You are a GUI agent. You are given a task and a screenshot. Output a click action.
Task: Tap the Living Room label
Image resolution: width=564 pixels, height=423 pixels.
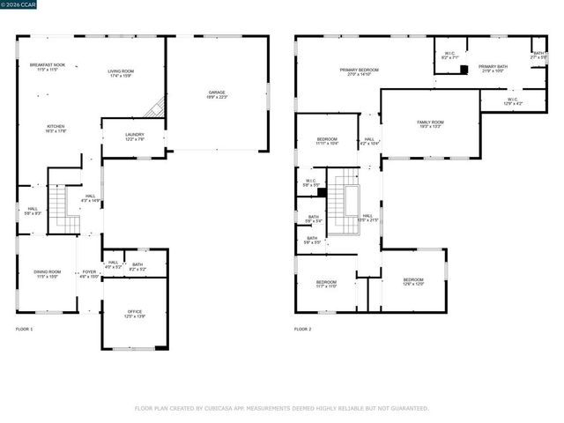click(x=121, y=73)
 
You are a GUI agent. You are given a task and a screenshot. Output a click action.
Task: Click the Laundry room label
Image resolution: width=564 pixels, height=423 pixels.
click(x=134, y=137)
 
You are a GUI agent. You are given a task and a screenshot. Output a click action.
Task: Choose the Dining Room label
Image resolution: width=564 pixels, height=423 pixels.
click(x=47, y=273)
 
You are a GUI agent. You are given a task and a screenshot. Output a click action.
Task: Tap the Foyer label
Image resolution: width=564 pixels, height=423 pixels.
click(x=89, y=273)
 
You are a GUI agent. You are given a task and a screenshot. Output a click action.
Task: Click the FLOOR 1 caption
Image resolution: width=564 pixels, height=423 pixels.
click(x=25, y=329)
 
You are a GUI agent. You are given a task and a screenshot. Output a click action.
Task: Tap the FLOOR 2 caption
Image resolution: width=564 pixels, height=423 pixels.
click(x=303, y=329)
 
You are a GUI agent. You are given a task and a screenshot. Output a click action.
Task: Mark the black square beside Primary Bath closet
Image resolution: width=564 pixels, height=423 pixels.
click(x=464, y=69)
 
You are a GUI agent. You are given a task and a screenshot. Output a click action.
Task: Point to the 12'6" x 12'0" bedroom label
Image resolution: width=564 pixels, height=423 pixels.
click(x=413, y=281)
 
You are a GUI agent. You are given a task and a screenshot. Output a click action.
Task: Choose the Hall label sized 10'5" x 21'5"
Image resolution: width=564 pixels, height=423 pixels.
click(x=367, y=218)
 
